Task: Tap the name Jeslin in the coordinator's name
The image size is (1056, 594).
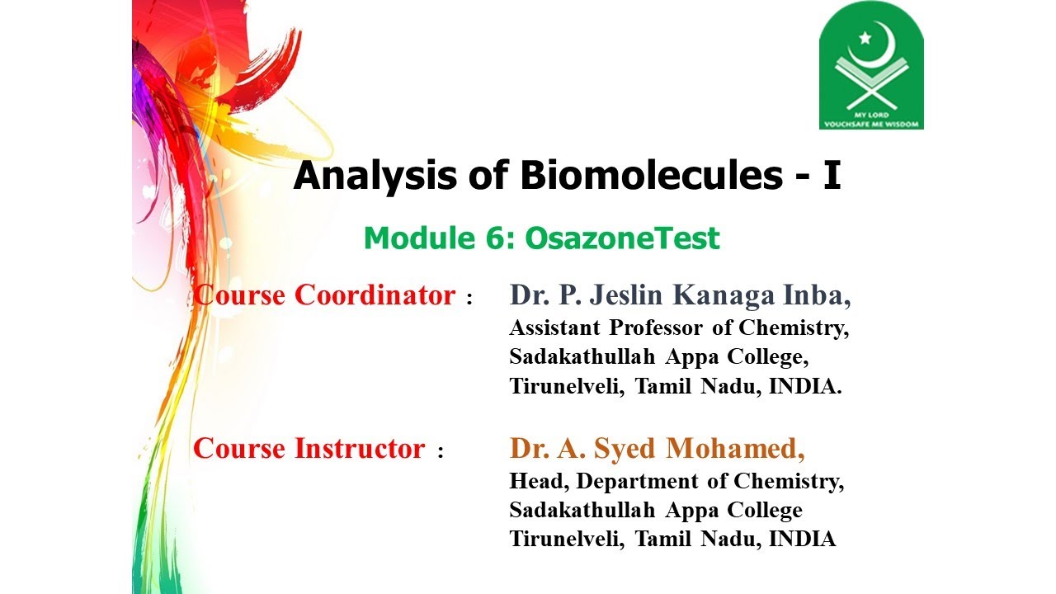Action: pos(619,295)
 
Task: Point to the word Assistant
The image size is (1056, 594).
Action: pos(555,328)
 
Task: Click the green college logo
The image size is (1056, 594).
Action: pos(871,66)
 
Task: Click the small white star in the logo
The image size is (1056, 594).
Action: pos(865,37)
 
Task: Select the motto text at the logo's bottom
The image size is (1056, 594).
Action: pos(871,119)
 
